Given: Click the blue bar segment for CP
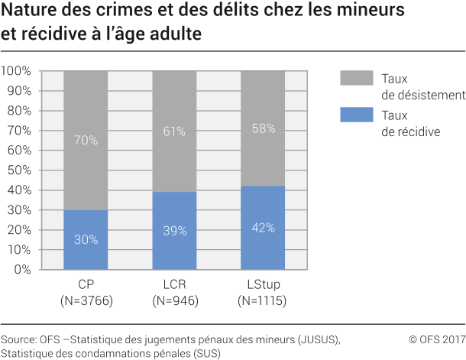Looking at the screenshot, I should pyautogui.click(x=86, y=239).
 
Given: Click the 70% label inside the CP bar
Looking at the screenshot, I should pyautogui.click(x=86, y=140).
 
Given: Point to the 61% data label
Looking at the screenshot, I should pyautogui.click(x=174, y=131).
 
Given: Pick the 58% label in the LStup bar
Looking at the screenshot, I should pyautogui.click(x=263, y=128).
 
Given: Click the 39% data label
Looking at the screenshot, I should pyautogui.click(x=174, y=231).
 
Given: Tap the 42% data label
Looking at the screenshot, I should pyautogui.click(x=263, y=227).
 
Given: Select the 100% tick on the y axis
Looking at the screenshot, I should pyautogui.click(x=16, y=71).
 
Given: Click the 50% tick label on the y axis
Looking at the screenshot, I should pyautogui.click(x=18, y=170).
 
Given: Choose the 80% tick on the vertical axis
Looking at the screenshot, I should pyautogui.click(x=18, y=111).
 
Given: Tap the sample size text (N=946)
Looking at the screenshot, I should pyautogui.click(x=174, y=301).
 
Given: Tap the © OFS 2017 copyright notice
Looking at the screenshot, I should pyautogui.click(x=436, y=339).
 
